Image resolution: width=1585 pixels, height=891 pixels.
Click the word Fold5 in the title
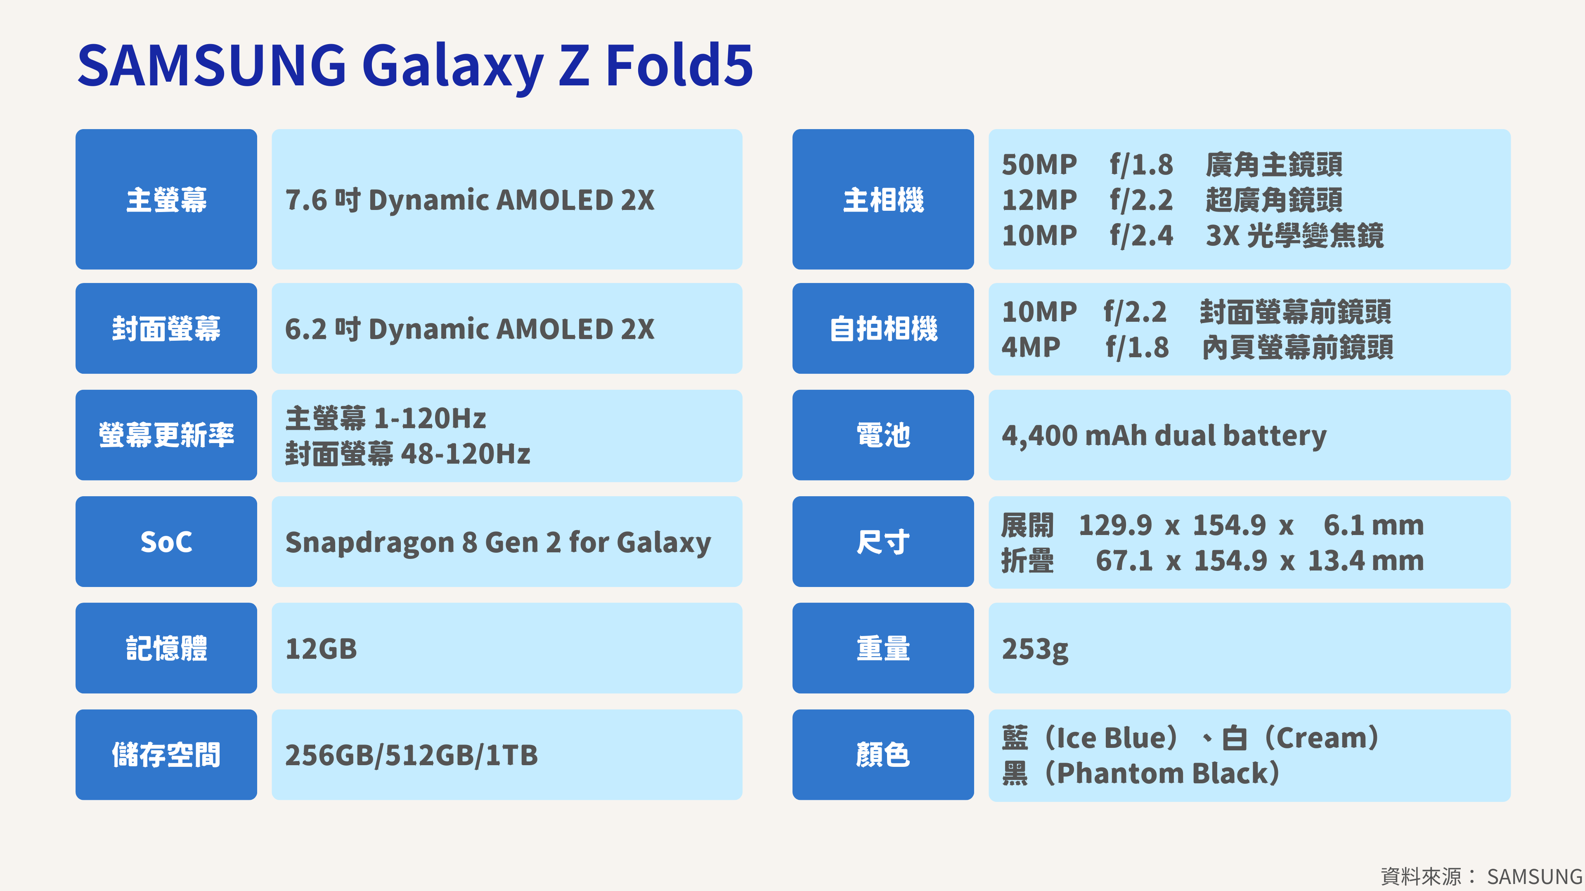679,65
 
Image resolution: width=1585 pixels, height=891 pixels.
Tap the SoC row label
166,542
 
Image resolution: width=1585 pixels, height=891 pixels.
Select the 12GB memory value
321,649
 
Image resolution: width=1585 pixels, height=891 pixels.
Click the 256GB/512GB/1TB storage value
412,755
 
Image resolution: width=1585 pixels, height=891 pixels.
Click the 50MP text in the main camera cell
1039,164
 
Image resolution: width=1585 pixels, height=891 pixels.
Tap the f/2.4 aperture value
1141,236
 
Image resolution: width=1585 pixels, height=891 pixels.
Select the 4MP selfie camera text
1031,347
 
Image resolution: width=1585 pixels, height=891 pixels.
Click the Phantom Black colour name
1162,773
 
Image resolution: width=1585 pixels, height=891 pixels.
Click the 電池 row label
883,435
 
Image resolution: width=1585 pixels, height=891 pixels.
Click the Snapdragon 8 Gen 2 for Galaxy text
498,542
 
